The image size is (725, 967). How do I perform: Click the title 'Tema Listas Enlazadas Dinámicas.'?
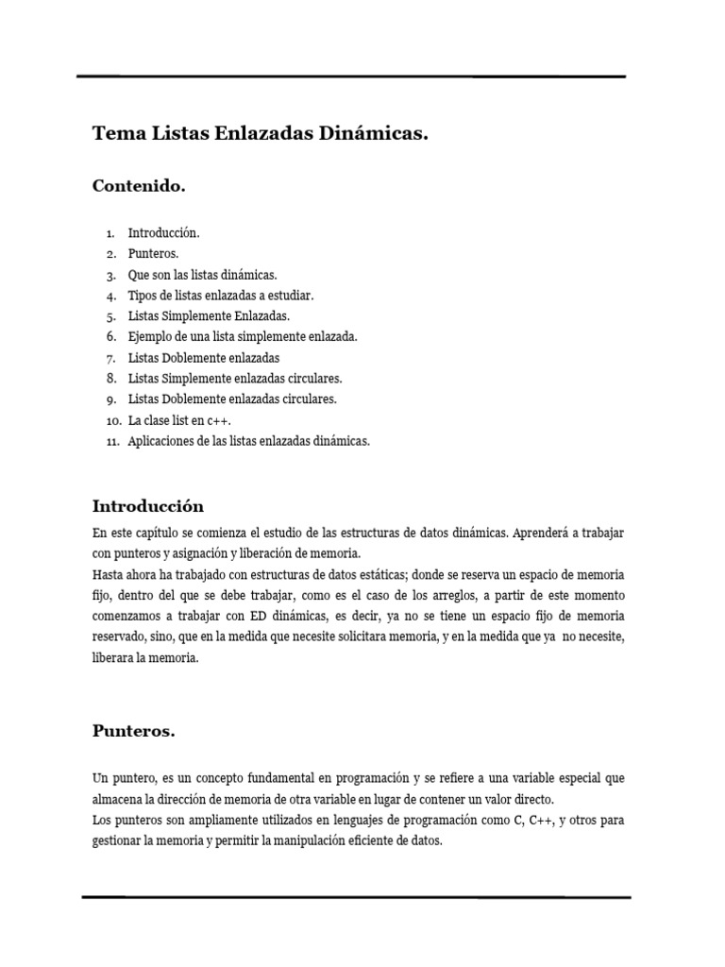pyautogui.click(x=261, y=135)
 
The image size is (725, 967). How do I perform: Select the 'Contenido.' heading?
pyautogui.click(x=139, y=186)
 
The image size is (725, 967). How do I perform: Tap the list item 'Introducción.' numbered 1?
pyautogui.click(x=164, y=232)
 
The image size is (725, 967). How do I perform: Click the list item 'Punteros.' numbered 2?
pyautogui.click(x=154, y=253)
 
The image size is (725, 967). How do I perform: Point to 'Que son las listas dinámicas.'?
pyautogui.click(x=203, y=274)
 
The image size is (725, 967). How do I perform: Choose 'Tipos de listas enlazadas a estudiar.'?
pyautogui.click(x=221, y=295)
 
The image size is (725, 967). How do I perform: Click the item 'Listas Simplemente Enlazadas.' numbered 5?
pyautogui.click(x=210, y=315)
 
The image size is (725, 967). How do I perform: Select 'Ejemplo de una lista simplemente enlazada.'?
pyautogui.click(x=244, y=336)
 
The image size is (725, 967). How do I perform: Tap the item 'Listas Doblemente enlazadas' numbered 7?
pyautogui.click(x=204, y=358)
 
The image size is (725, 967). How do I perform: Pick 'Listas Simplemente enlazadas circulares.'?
pyautogui.click(x=235, y=379)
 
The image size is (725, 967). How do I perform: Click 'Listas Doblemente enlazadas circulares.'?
pyautogui.click(x=232, y=399)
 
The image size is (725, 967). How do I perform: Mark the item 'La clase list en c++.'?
pyautogui.click(x=180, y=420)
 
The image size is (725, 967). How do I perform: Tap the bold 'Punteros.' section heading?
pyautogui.click(x=134, y=731)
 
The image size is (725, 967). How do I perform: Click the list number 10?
pyautogui.click(x=111, y=420)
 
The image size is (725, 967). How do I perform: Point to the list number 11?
pyautogui.click(x=111, y=441)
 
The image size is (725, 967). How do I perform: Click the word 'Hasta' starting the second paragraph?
pyautogui.click(x=108, y=574)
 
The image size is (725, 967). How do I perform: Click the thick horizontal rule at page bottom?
pyautogui.click(x=356, y=895)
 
